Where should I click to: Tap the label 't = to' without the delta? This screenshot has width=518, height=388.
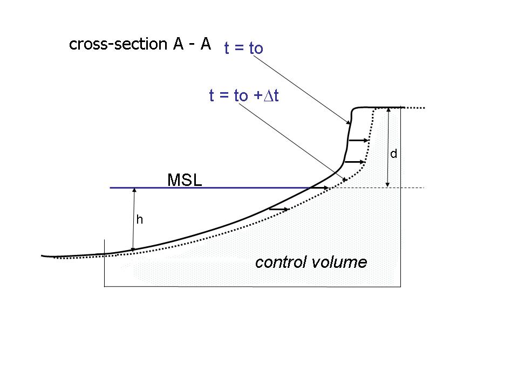pos(243,48)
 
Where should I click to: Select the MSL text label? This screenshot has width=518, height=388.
pos(185,180)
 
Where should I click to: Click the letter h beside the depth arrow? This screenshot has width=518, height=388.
pos(139,220)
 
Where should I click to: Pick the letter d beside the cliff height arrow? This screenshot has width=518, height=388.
pos(394,154)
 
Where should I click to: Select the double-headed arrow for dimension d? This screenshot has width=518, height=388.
pos(387,148)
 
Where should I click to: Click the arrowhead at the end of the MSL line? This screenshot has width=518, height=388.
pos(327,188)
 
